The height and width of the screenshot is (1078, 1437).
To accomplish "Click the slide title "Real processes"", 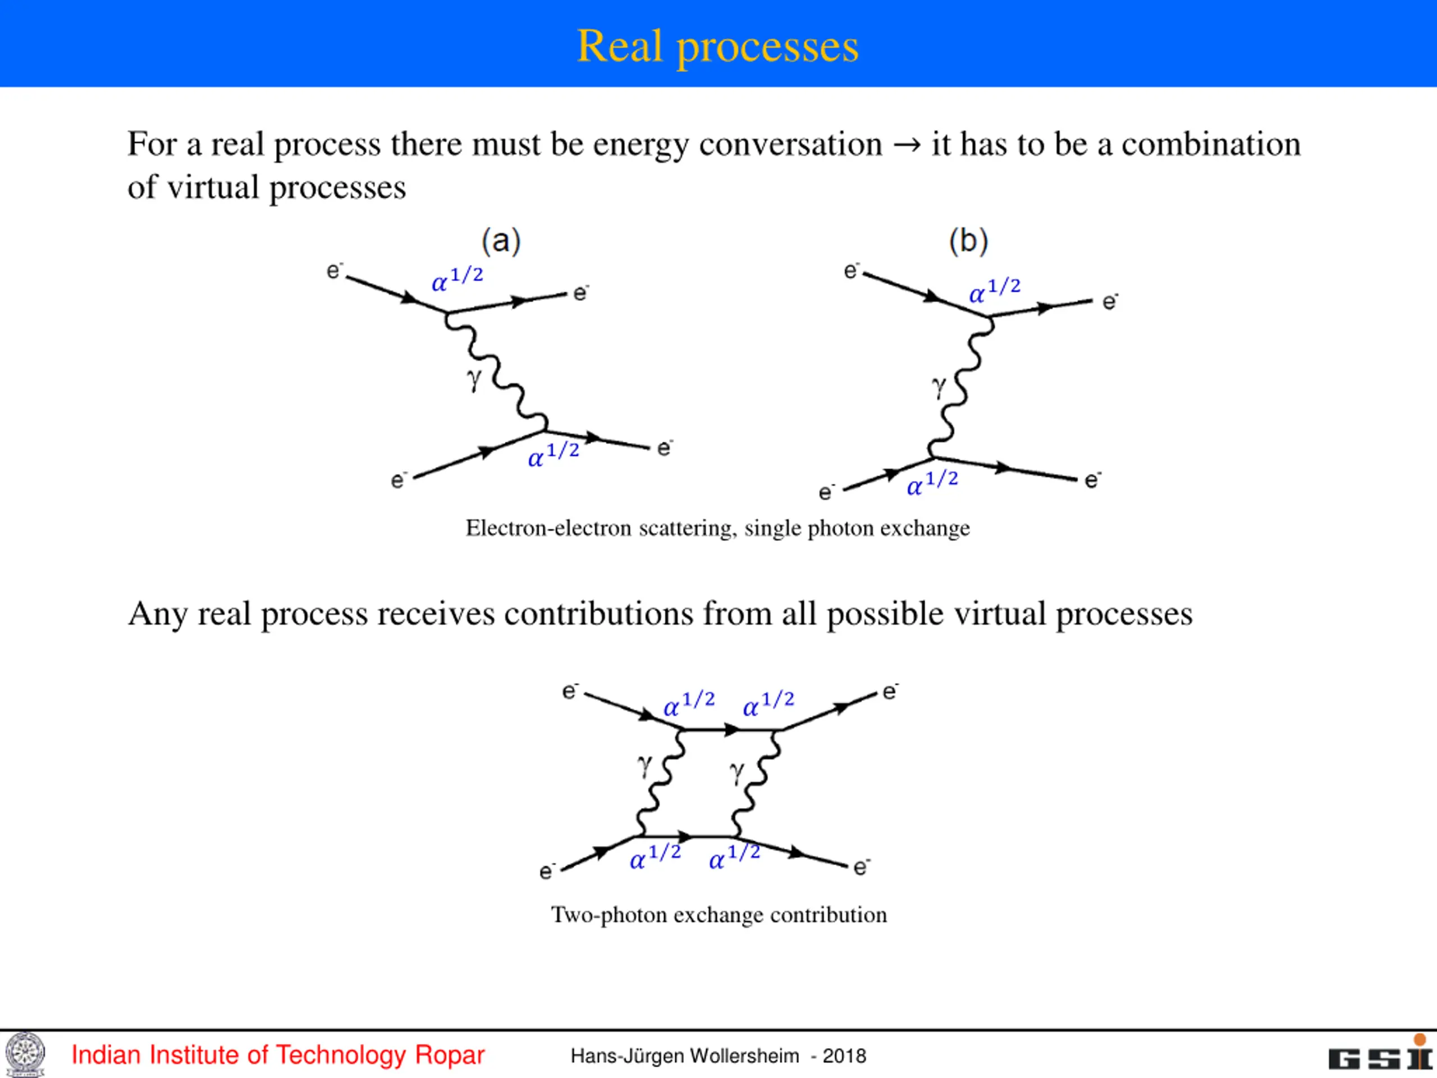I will pyautogui.click(x=717, y=46).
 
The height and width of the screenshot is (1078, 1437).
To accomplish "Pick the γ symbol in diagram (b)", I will pyautogui.click(x=939, y=387).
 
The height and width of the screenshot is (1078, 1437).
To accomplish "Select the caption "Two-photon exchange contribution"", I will pyautogui.click(x=718, y=915).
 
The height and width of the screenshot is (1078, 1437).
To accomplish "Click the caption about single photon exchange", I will pyautogui.click(x=717, y=528).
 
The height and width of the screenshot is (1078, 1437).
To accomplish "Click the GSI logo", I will pyautogui.click(x=1380, y=1056).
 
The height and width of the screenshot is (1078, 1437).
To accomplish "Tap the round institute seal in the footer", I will pyautogui.click(x=25, y=1054).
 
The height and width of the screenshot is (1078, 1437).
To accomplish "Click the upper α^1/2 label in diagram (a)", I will pyautogui.click(x=457, y=280).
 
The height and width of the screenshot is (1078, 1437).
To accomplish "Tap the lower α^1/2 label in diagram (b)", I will pyautogui.click(x=932, y=483).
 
